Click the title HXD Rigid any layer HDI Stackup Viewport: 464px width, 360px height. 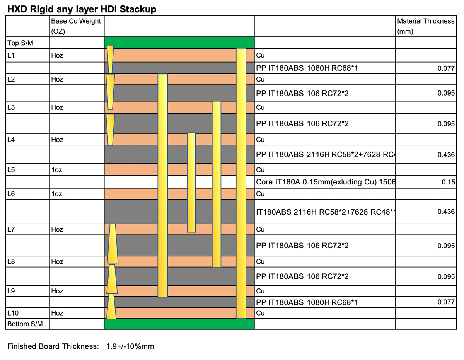[82, 9]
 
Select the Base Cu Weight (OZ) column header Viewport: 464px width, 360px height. [76, 26]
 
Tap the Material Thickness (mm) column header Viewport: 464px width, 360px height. [426, 26]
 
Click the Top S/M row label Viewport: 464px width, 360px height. [20, 43]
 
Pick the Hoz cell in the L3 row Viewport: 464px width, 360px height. [57, 107]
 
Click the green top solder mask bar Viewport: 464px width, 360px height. [179, 42]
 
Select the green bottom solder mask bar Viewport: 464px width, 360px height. [179, 324]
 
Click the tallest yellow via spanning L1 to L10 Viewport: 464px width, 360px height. [241, 183]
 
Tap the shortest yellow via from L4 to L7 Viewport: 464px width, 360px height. [191, 182]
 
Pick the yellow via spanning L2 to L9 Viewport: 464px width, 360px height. [163, 185]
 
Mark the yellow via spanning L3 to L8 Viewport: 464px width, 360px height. [217, 184]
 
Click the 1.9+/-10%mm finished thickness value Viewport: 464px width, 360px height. [130, 346]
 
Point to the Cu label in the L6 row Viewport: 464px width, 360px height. [261, 193]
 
